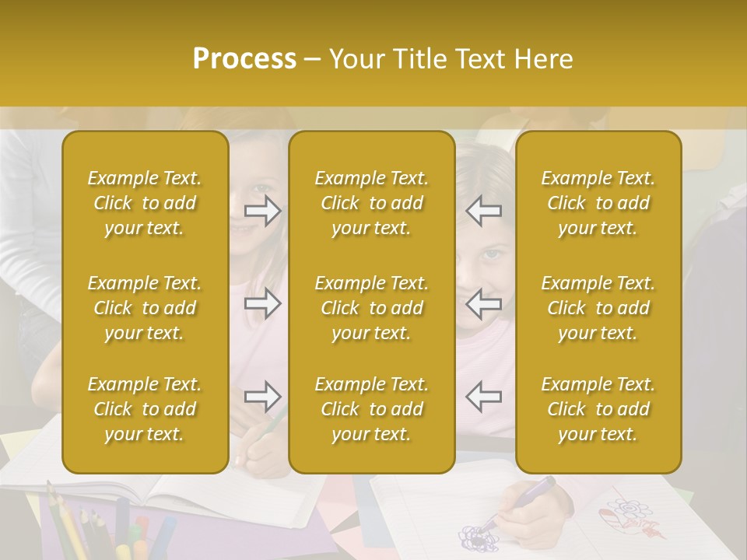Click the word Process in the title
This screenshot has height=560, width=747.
[244, 59]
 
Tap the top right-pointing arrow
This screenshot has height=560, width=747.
[263, 211]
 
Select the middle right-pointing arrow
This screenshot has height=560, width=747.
[263, 304]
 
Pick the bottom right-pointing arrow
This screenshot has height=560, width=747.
[263, 397]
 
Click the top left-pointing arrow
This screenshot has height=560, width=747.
[484, 211]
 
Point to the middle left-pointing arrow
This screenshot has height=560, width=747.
[484, 304]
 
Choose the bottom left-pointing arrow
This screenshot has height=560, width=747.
[484, 397]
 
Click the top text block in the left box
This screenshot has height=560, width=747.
[145, 203]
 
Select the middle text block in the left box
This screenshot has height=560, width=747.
[145, 308]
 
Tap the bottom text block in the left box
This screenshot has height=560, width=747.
[145, 409]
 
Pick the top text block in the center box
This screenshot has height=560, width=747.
[372, 203]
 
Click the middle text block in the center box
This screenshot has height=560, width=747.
[372, 308]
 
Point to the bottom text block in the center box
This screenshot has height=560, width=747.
[372, 409]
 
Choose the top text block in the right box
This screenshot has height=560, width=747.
[598, 203]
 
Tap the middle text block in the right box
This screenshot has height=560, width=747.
[598, 308]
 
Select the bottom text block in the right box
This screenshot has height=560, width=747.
[598, 409]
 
